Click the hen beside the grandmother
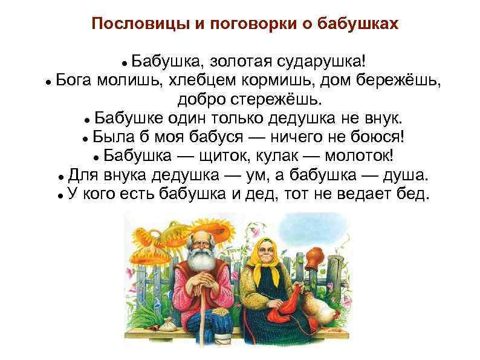pos(315,303)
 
